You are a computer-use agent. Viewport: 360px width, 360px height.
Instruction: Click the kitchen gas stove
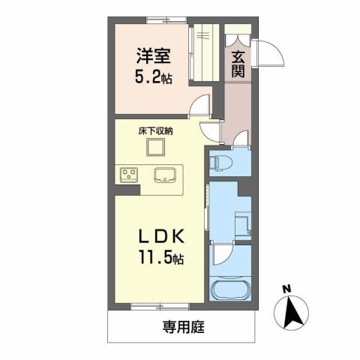128,175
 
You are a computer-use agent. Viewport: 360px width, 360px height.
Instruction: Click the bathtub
232,293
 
